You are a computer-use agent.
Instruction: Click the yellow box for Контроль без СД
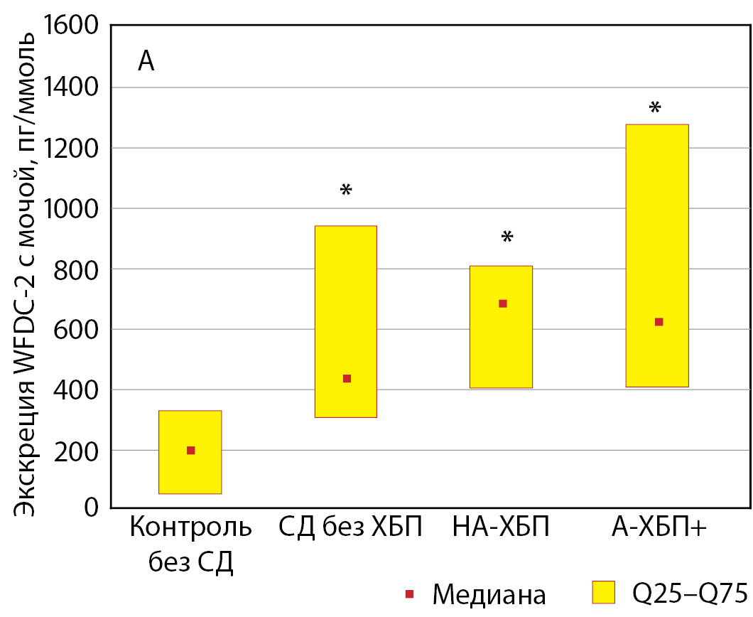click(190, 469)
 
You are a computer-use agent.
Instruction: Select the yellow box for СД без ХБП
click(346, 284)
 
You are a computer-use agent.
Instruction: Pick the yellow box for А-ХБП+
click(657, 213)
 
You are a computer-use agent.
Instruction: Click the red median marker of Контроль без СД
click(190, 450)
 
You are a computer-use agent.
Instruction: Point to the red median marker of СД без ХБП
click(347, 378)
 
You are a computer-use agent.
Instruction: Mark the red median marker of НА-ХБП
click(503, 304)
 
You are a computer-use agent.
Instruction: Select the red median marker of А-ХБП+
click(659, 322)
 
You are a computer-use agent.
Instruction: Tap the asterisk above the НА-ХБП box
click(506, 237)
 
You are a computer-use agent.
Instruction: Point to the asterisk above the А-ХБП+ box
click(655, 109)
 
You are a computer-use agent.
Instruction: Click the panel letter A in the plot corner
click(146, 63)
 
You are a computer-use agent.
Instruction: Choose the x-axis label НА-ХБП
click(500, 530)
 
